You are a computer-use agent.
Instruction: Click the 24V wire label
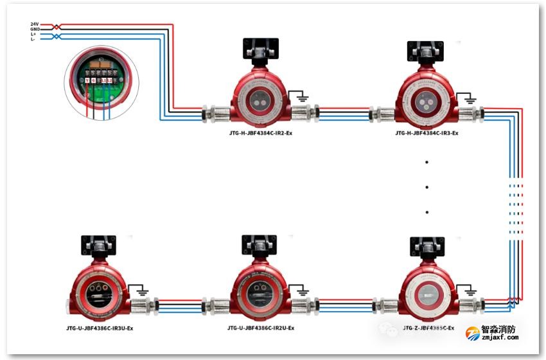35,24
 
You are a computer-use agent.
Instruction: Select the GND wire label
35,29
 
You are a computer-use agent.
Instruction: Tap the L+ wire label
33,34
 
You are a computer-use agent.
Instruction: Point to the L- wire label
33,39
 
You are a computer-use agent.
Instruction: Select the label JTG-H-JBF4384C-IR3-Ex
426,133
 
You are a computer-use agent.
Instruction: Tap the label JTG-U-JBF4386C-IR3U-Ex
100,328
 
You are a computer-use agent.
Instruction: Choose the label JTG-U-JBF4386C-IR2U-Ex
260,328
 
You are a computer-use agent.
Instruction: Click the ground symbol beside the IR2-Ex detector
299,98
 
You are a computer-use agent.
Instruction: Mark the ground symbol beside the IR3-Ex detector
469,98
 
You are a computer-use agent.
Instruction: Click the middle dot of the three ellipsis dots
427,188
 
